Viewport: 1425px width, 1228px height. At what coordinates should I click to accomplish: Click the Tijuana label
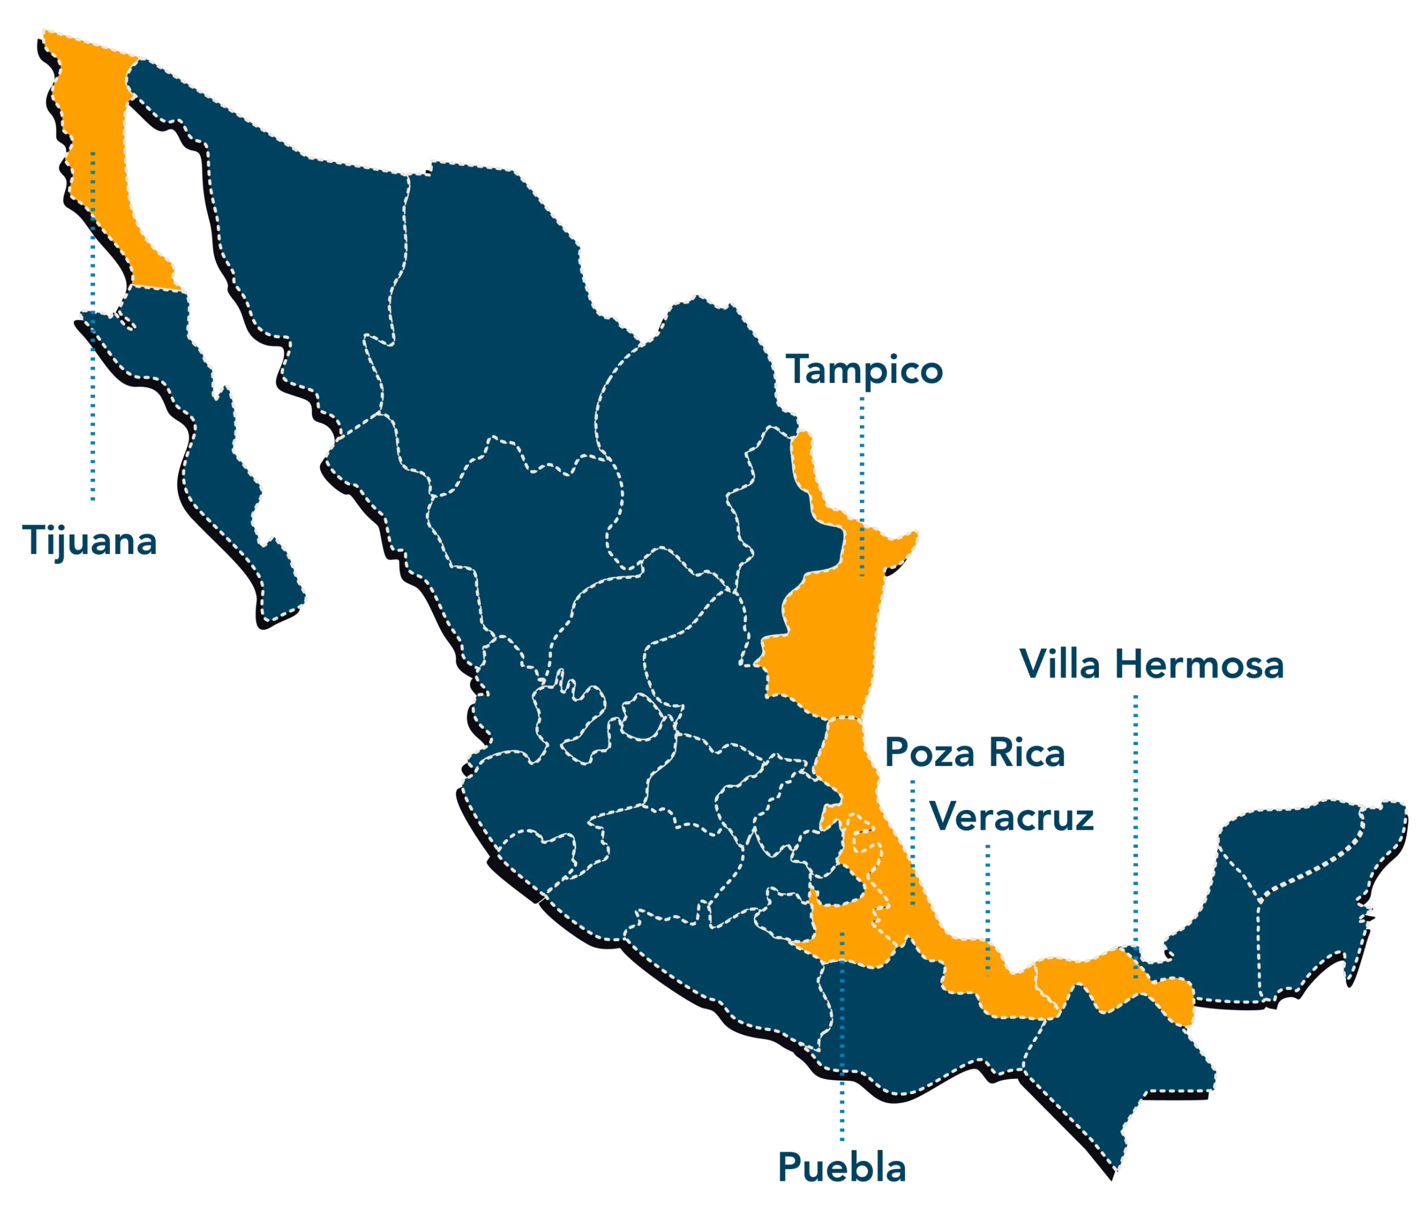91,539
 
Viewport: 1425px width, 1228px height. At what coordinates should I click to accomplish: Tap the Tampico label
865,370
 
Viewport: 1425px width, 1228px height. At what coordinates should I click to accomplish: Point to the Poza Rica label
975,752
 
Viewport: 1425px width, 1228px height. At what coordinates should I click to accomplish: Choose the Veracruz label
1011,818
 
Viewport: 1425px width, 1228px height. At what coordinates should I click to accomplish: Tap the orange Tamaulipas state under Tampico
825,653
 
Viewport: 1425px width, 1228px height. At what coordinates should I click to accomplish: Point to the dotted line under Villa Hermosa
1135,826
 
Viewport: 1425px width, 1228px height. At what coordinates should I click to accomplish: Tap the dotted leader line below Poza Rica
913,839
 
